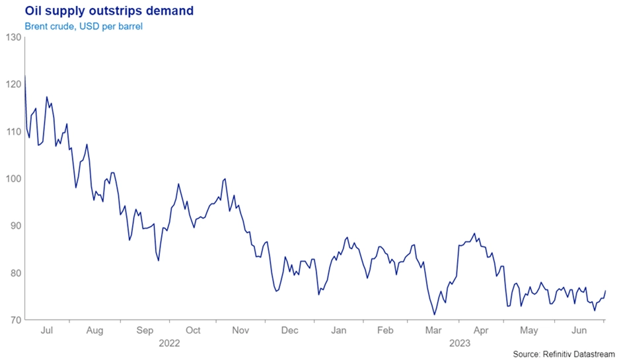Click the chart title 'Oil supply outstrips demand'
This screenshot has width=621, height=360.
click(99, 11)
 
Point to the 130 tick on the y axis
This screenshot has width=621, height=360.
click(12, 37)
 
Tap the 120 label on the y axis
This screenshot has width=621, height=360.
click(12, 85)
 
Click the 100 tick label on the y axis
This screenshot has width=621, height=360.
click(12, 179)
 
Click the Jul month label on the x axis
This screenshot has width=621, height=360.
click(48, 330)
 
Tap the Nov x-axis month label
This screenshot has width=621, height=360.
click(241, 330)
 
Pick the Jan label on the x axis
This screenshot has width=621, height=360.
click(338, 330)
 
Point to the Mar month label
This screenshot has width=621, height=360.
click(433, 330)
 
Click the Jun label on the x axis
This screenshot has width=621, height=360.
click(579, 330)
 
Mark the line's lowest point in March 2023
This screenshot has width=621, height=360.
click(434, 314)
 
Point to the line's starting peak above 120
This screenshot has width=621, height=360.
click(24, 77)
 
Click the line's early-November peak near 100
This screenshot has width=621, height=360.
click(226, 178)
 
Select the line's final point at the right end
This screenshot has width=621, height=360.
click(605, 291)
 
